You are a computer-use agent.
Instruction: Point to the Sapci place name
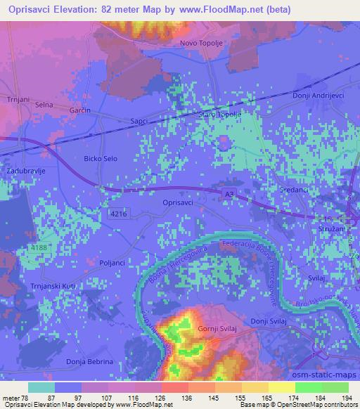(139, 121)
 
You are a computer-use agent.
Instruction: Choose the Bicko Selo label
(101, 159)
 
